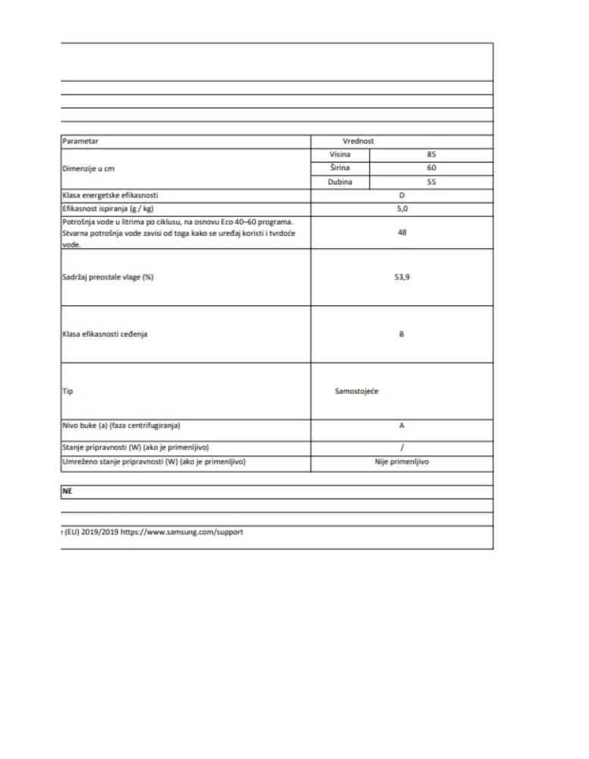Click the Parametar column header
(x=80, y=141)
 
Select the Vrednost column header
(x=358, y=141)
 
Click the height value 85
(x=431, y=154)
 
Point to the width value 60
(x=431, y=168)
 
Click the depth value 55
(x=431, y=182)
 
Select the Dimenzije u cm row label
(x=93, y=168)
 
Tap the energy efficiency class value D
(x=402, y=196)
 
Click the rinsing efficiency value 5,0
(x=402, y=209)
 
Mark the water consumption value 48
(x=402, y=233)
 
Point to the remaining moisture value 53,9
(x=402, y=277)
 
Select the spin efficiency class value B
(x=402, y=334)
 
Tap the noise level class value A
(x=402, y=426)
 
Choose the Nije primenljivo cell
(x=402, y=461)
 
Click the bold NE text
(x=68, y=492)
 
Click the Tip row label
(x=67, y=392)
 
